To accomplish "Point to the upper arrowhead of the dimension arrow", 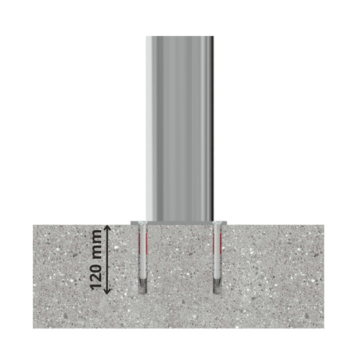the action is click(107, 227).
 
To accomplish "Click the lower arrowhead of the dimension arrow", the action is click(107, 291).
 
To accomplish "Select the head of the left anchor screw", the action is click(142, 224).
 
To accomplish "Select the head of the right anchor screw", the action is click(217, 224).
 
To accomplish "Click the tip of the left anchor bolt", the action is click(142, 293).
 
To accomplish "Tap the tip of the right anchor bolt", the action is click(217, 293).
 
